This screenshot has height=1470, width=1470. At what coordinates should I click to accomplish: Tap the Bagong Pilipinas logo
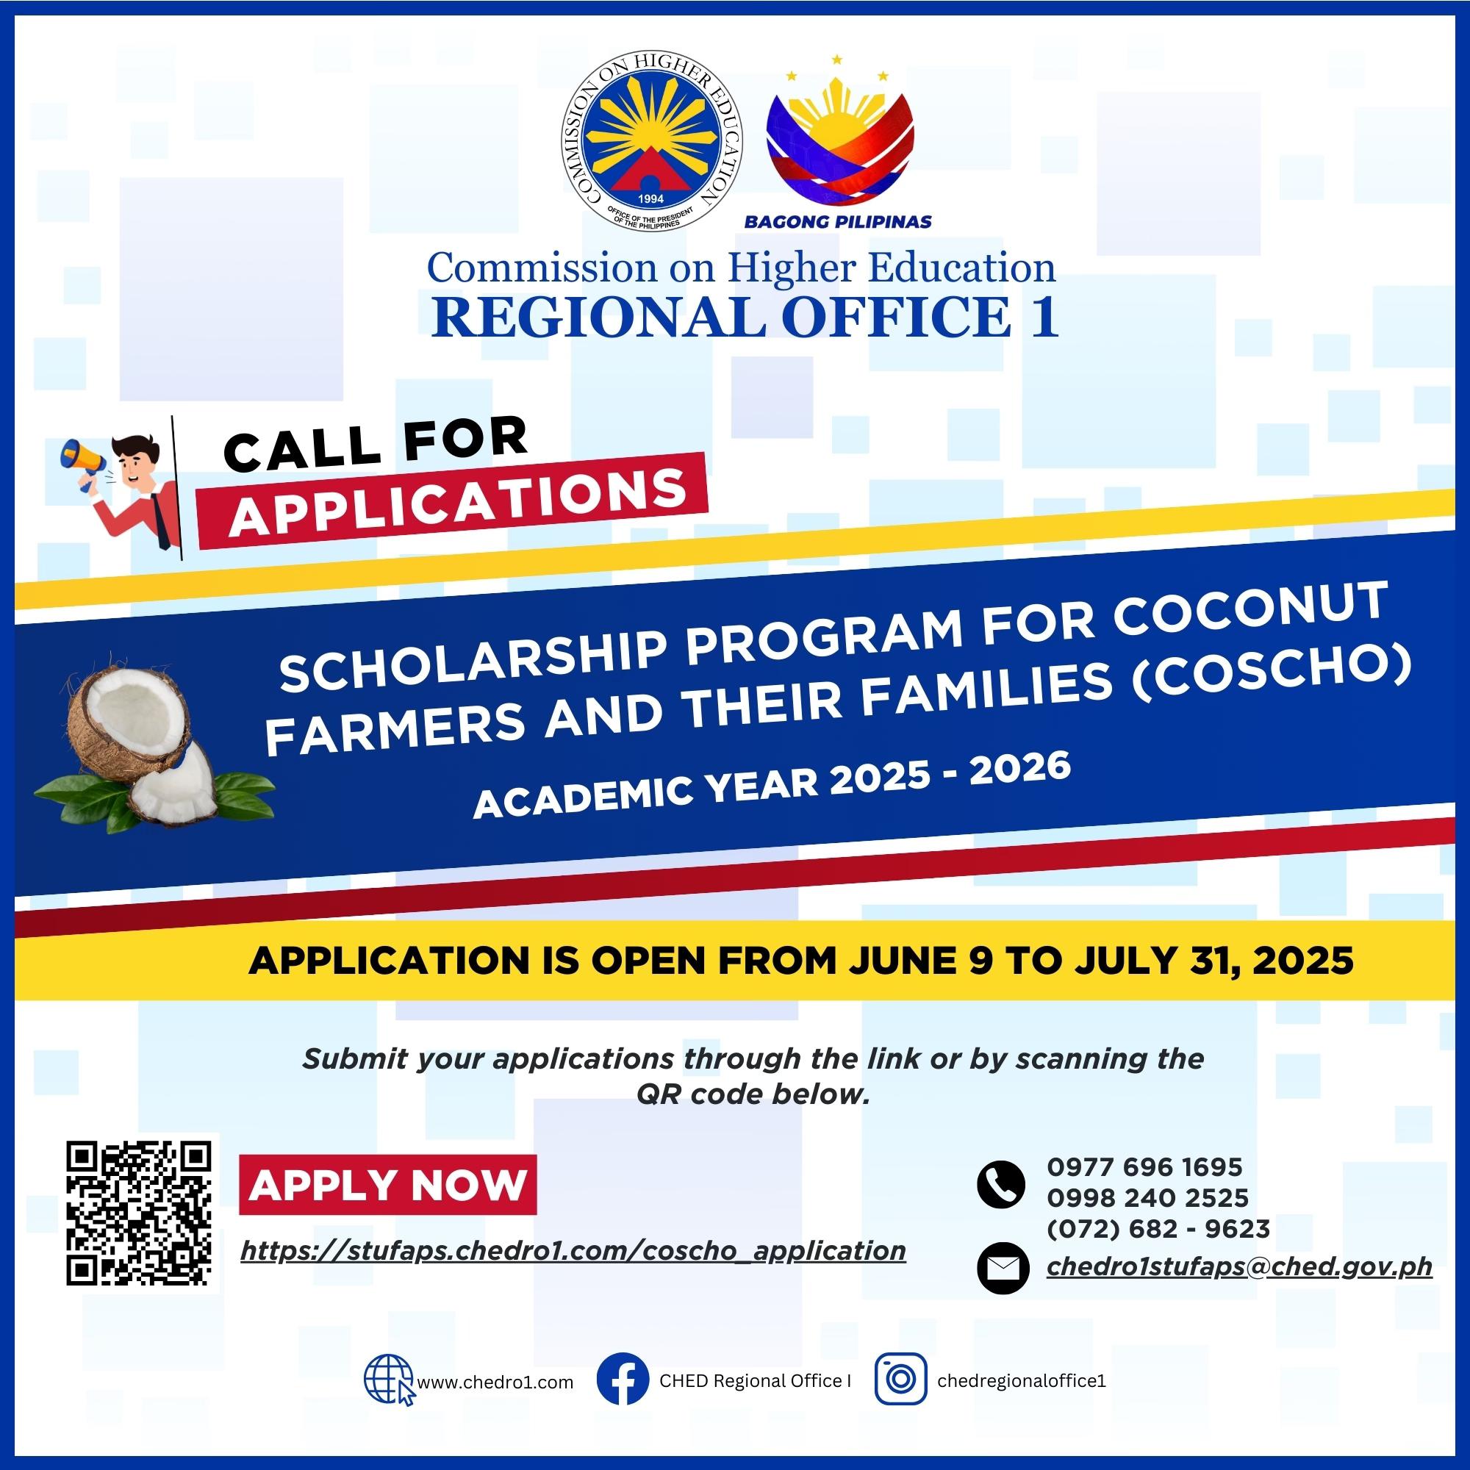click(839, 141)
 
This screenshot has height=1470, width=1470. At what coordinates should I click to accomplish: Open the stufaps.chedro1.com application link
click(573, 1251)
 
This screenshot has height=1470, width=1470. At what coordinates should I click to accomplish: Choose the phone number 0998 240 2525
click(1147, 1197)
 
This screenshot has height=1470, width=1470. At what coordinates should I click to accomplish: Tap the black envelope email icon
click(1001, 1269)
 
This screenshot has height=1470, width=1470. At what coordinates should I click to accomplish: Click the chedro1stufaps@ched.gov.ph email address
click(1239, 1267)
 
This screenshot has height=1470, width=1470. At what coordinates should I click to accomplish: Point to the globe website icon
click(389, 1380)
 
